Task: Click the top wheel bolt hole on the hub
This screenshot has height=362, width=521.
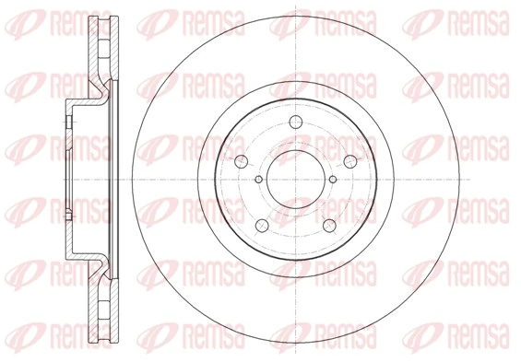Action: click(x=295, y=122)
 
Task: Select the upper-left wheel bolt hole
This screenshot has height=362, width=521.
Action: click(x=242, y=161)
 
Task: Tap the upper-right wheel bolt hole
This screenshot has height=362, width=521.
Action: click(x=349, y=161)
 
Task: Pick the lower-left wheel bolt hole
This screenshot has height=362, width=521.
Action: click(x=262, y=226)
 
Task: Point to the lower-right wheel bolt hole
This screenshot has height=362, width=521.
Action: click(x=329, y=226)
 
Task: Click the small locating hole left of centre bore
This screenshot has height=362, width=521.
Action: click(x=259, y=180)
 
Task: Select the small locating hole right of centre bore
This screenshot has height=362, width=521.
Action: click(x=333, y=180)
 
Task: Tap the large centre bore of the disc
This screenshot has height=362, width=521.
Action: click(x=296, y=180)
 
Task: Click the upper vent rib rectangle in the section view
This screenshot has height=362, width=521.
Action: click(x=103, y=49)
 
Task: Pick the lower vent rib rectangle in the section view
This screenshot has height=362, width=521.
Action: click(x=103, y=309)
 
